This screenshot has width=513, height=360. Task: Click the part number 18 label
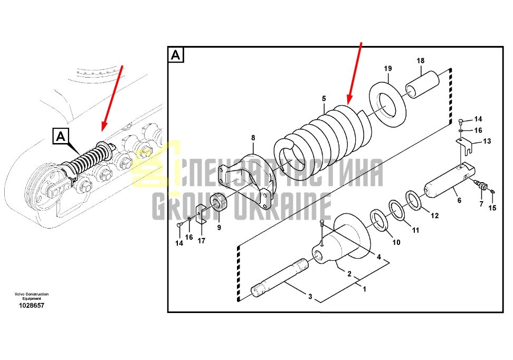point(421,61)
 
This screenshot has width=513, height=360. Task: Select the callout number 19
point(388,69)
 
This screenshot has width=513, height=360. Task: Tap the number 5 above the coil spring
point(324,99)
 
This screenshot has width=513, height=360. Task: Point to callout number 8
point(253,138)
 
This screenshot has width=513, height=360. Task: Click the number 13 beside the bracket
point(487,141)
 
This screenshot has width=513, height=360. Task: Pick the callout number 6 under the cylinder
point(459,200)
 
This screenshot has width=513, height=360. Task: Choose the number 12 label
point(434,216)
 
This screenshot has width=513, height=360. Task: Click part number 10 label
point(396,242)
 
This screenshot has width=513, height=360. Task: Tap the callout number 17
point(202,241)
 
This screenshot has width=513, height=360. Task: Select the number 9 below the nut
point(219,227)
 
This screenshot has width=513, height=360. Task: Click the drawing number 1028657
point(32,305)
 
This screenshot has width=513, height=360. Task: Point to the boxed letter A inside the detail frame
point(176,55)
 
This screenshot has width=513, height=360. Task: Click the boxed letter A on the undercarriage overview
point(61,136)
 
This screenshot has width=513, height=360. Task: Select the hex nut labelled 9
point(218,203)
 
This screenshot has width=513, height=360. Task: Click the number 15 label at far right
point(492,207)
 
